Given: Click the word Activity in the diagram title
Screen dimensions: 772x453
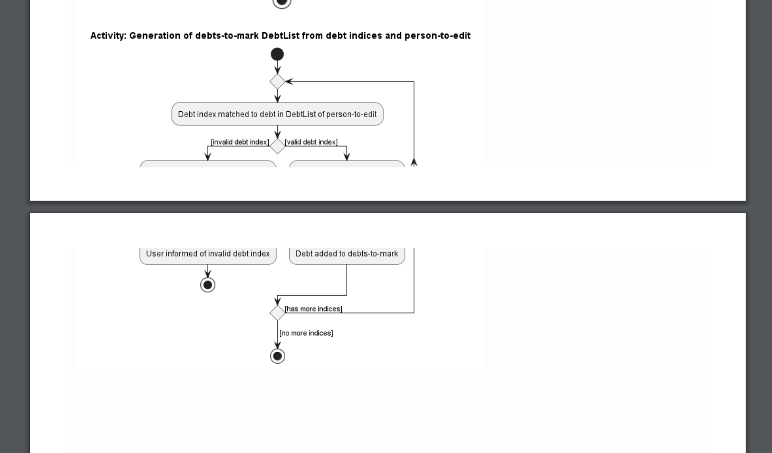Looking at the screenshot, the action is coord(108,36).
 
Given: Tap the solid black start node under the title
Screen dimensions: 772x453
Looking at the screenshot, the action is coord(277,54).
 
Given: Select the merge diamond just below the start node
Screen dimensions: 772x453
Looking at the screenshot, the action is coord(277,81).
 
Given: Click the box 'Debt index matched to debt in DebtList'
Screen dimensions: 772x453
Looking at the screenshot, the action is coord(277,114).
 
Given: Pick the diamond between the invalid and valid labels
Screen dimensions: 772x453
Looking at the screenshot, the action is coord(277,146).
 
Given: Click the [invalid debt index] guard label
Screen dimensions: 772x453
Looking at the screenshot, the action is coord(240,142).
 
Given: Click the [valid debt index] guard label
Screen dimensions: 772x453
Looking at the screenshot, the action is coord(311,142).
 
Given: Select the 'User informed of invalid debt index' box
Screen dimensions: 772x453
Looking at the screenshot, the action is coord(208,254).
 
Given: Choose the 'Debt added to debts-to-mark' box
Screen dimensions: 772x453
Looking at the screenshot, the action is coord(347,254).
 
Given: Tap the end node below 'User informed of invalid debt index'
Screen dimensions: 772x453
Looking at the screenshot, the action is coord(208,285).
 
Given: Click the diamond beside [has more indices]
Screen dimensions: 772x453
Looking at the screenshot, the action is coord(277,313).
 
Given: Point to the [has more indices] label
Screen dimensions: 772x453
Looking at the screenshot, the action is coord(313,309).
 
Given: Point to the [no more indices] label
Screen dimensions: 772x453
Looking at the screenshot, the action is coord(306,333).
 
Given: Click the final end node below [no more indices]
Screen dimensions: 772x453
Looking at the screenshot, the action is coord(277,356).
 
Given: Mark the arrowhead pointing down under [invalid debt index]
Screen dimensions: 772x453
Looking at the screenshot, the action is coord(208,157).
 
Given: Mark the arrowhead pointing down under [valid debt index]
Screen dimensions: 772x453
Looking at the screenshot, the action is coord(347,157).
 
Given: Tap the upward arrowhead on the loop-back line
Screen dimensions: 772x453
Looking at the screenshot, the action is coord(414,162).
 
